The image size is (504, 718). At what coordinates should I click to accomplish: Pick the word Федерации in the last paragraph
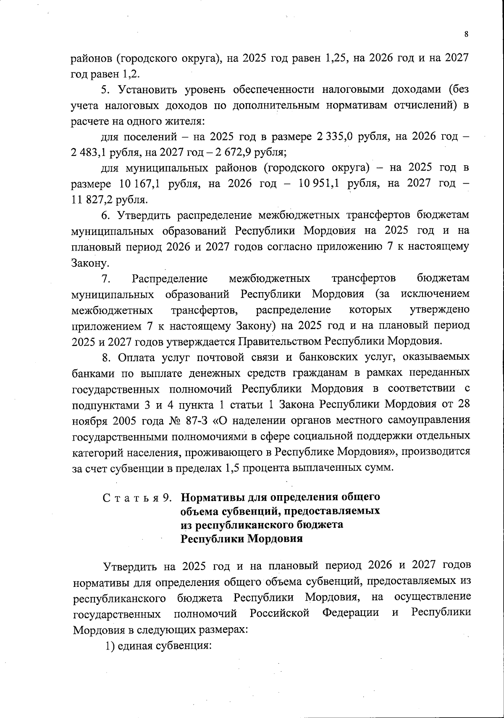point(350,613)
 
